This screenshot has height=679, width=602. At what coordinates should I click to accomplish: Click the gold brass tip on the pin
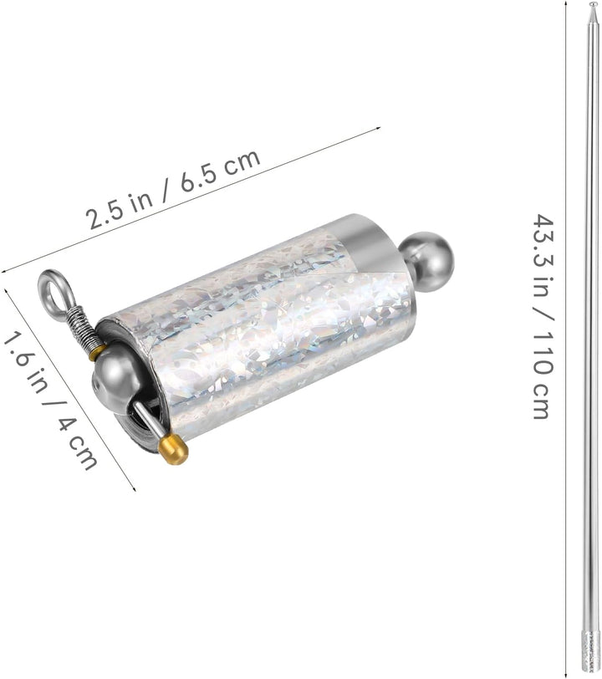pos(173,450)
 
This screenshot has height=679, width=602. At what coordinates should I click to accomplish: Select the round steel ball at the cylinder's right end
pos(426,258)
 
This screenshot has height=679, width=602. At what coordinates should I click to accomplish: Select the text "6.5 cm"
pos(220,171)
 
